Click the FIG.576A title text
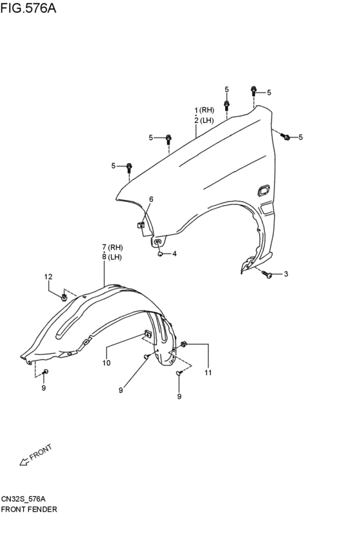(x=28, y=8)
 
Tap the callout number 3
(x=286, y=274)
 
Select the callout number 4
(x=174, y=254)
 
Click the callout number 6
(x=151, y=199)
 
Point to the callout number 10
(x=107, y=363)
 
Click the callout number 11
(x=208, y=373)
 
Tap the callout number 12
(x=48, y=276)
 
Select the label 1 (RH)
(x=204, y=111)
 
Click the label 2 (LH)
(x=204, y=120)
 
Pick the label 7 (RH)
(x=113, y=247)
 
